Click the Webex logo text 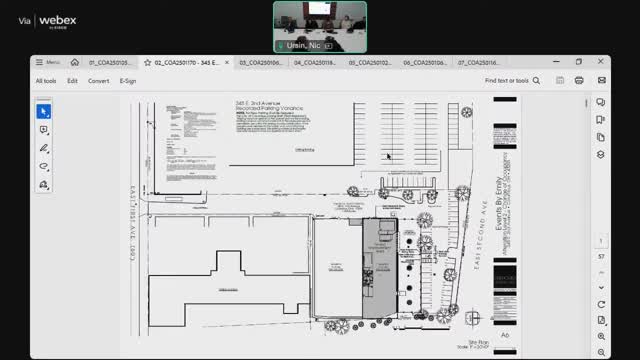pyautogui.click(x=57, y=21)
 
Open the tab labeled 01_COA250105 pyautogui.click(x=110, y=62)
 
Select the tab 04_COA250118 pyautogui.click(x=314, y=62)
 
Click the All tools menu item pyautogui.click(x=46, y=81)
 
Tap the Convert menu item pyautogui.click(x=98, y=81)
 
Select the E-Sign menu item pyautogui.click(x=128, y=81)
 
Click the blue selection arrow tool pyautogui.click(x=44, y=112)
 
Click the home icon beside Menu pyautogui.click(x=73, y=62)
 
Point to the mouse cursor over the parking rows pyautogui.click(x=387, y=155)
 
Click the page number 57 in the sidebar pyautogui.click(x=600, y=256)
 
